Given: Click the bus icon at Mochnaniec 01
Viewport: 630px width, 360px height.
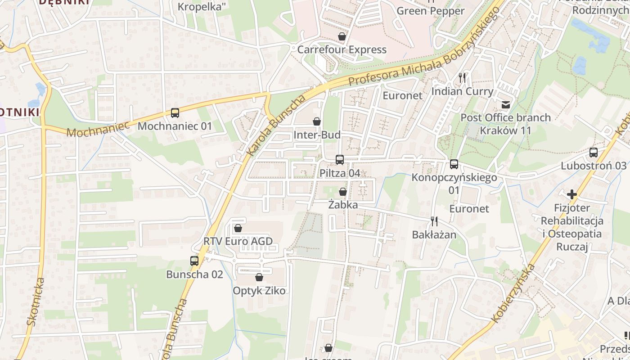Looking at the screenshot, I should click(x=175, y=113).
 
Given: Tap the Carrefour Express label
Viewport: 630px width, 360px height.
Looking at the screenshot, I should click(x=342, y=49).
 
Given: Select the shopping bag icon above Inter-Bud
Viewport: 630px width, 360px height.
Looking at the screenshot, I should click(x=317, y=121).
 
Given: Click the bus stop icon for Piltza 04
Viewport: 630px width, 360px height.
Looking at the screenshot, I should click(x=340, y=159).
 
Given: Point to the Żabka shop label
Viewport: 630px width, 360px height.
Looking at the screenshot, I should click(x=343, y=205).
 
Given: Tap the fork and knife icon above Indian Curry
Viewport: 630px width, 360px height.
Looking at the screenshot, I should click(x=462, y=77).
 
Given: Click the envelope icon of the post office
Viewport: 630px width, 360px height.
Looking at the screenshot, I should click(x=505, y=105).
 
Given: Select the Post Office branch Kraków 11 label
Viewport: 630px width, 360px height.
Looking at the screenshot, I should click(x=505, y=124).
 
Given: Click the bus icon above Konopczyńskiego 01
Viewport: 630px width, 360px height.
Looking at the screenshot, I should click(x=454, y=164).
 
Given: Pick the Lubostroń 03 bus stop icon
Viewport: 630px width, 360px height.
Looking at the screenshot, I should click(x=594, y=153).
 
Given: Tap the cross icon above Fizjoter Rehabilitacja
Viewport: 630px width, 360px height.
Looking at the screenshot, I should click(x=572, y=194).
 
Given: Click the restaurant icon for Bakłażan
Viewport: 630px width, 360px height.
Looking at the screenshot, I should click(x=434, y=221).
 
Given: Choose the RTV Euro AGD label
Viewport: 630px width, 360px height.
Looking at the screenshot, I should click(x=238, y=241).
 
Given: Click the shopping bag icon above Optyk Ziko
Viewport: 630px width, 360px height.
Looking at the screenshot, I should click(x=259, y=277).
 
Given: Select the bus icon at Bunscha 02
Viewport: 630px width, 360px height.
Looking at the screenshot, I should click(x=194, y=261).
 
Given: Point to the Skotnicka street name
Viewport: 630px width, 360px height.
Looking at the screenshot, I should click(x=36, y=301).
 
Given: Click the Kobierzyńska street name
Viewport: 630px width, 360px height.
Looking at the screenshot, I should click(x=513, y=293).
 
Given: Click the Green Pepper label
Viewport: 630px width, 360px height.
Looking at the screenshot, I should click(x=431, y=11).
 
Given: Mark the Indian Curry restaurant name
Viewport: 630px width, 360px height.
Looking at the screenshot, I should click(x=462, y=91).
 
